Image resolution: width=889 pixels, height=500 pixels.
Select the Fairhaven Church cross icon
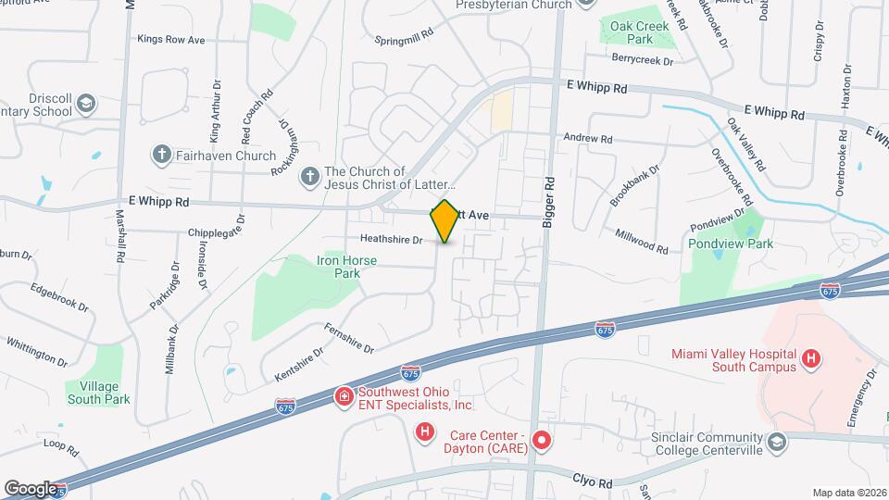[160, 156]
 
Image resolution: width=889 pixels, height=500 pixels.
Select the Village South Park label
[98, 393]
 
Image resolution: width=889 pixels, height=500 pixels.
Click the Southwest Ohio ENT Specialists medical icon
[343, 396]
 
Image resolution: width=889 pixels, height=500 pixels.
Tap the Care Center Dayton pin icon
[542, 438]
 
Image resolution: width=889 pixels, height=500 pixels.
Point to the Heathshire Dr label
[391, 240]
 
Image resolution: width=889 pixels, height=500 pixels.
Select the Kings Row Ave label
[170, 40]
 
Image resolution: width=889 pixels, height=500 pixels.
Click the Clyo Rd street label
[592, 483]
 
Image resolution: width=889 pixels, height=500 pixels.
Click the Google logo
[31, 489]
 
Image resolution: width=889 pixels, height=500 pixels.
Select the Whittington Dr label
[37, 352]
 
